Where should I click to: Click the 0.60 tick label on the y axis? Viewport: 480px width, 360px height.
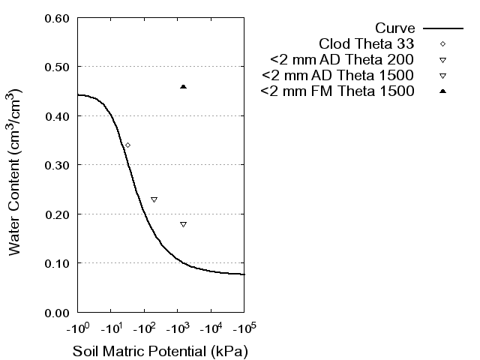tap(58, 18)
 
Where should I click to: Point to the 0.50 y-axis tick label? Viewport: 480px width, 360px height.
tap(58, 67)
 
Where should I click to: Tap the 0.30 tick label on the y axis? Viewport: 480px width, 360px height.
tap(58, 165)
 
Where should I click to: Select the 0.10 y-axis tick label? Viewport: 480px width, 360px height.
tap(58, 263)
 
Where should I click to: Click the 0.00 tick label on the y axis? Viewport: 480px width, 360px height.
tap(58, 312)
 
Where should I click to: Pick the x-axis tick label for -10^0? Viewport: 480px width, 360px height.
tap(77, 329)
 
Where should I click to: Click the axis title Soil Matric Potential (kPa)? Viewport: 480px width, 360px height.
tap(160, 351)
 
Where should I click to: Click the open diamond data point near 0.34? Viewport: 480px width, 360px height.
tap(127, 145)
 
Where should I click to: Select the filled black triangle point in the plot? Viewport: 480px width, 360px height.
tap(183, 87)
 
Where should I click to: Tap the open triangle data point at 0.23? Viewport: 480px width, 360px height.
tap(154, 199)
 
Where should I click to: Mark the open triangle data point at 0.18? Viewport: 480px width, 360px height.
tap(183, 224)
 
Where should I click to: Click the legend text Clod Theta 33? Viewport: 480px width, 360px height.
tap(367, 43)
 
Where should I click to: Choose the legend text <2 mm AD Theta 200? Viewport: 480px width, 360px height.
tap(343, 59)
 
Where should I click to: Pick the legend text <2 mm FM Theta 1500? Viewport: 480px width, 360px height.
tap(337, 91)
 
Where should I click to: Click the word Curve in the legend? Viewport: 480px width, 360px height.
tap(395, 28)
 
